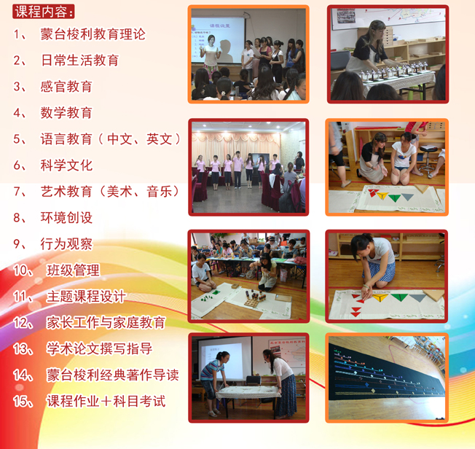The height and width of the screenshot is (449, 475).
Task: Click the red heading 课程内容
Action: point(43,12)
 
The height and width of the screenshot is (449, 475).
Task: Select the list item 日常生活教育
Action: point(79,60)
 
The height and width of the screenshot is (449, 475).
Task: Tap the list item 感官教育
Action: point(66,87)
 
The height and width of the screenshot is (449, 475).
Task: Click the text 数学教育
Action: point(66,112)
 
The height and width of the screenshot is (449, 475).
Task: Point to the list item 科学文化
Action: point(66,165)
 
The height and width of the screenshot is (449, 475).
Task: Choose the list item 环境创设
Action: point(66,218)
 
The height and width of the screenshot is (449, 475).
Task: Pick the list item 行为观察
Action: point(66,243)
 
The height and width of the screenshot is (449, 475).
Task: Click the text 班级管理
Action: point(73,270)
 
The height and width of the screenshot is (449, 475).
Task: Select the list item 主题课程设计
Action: point(86,296)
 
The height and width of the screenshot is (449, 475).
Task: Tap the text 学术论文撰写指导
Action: point(99,348)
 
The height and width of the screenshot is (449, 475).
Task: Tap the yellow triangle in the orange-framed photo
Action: point(382,195)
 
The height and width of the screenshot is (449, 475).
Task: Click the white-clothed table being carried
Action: point(248,391)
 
